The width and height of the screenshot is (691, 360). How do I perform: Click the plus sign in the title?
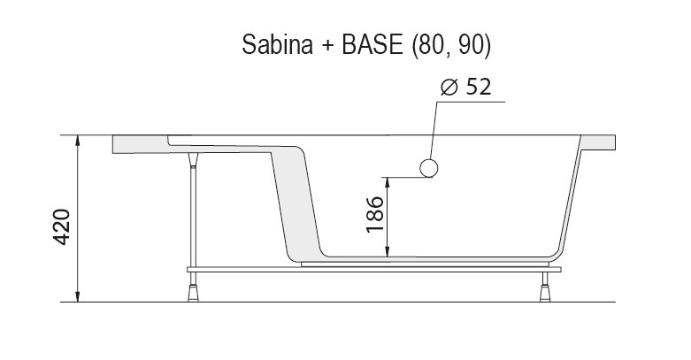click(x=325, y=46)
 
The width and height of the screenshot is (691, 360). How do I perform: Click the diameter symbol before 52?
click(x=449, y=88)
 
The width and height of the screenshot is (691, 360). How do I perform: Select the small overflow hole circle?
click(x=429, y=168)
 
